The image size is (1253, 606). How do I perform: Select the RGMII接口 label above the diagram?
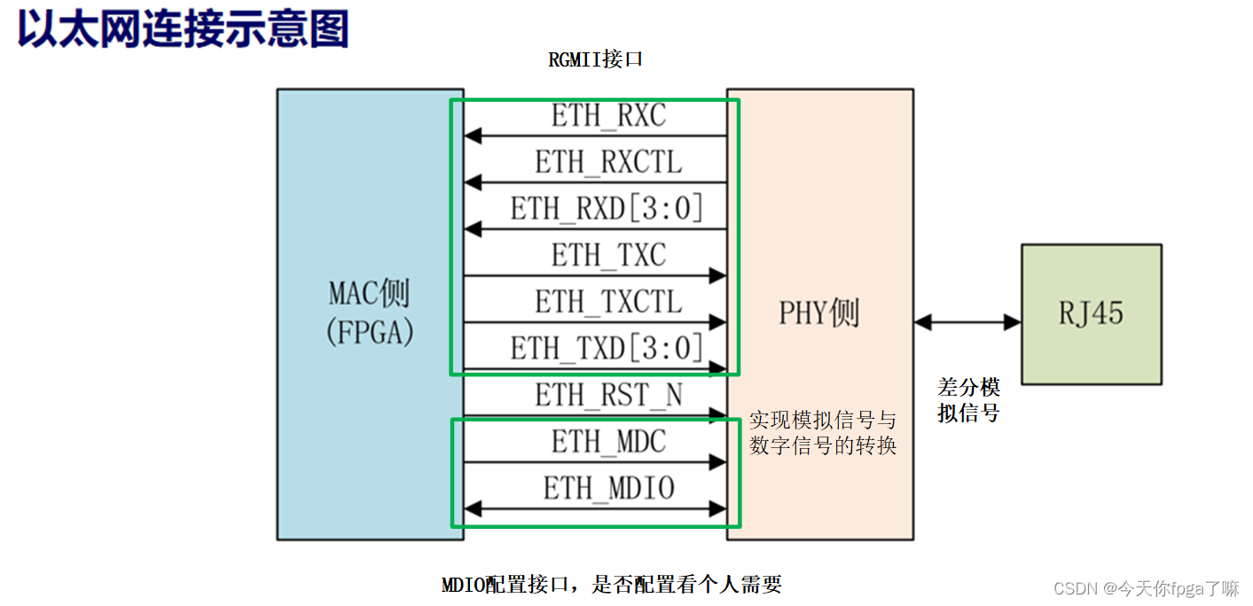click(595, 60)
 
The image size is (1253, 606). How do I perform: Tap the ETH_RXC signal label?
click(608, 116)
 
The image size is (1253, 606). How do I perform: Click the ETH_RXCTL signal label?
click(608, 162)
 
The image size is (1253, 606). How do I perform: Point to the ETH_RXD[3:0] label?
click(608, 209)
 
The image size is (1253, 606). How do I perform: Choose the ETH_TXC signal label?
click(608, 256)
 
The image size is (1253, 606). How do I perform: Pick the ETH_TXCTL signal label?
click(608, 302)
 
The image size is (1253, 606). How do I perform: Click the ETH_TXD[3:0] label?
click(608, 348)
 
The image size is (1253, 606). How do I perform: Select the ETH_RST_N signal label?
click(608, 394)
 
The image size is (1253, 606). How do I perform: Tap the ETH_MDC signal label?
click(608, 441)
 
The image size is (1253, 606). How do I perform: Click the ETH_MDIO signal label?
click(608, 487)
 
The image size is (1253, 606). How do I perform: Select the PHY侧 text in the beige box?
click(818, 313)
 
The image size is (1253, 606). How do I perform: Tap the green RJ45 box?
click(1091, 314)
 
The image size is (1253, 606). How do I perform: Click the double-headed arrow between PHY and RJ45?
click(967, 323)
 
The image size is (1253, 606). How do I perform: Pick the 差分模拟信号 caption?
click(968, 400)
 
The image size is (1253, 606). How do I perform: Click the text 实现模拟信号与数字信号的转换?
click(822, 433)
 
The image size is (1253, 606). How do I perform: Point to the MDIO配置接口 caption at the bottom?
click(612, 584)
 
